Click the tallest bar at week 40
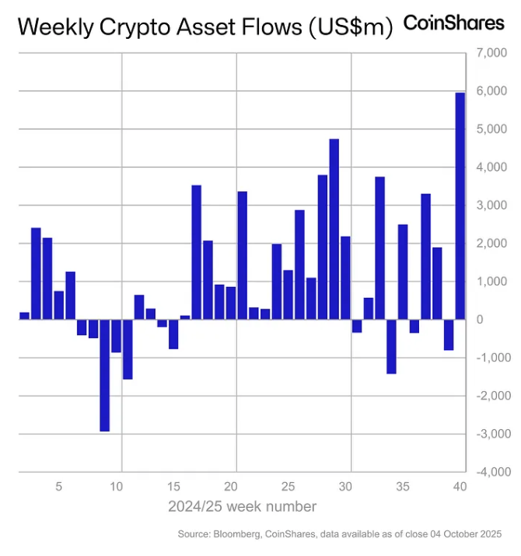coord(460,206)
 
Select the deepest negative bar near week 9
coord(104,375)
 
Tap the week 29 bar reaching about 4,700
coord(334,229)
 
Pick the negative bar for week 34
coord(391,346)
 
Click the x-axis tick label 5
coord(59,487)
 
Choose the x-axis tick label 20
coord(231,487)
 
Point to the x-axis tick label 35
coord(403,487)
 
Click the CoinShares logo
coord(453,23)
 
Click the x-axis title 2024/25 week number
coord(242,507)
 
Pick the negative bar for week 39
coord(449,334)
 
